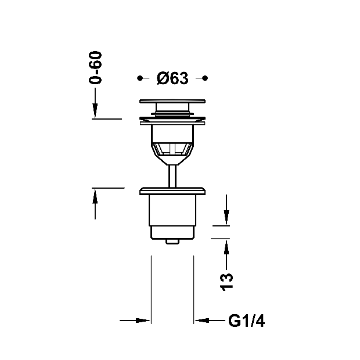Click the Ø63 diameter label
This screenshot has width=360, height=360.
pos(172,78)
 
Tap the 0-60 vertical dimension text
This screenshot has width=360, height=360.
pos(95,67)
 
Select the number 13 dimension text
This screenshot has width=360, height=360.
pos(226,282)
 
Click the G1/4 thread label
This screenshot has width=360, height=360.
pos(246,321)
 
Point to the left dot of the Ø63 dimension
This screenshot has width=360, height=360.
pos(139,78)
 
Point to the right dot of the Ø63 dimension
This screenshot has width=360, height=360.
pos(205,78)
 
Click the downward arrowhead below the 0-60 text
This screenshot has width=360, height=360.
pos(95,111)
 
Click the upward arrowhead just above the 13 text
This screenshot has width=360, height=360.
pos(226,247)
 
